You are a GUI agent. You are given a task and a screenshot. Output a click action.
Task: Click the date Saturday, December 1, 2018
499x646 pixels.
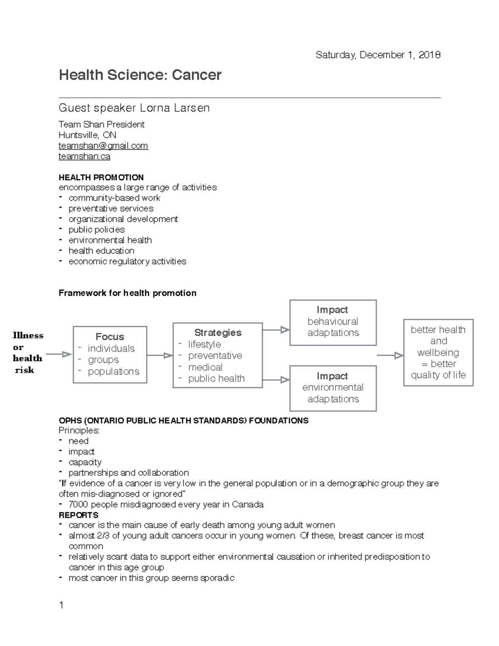click(x=378, y=55)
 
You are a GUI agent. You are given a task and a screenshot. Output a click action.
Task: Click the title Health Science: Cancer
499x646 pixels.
click(x=140, y=75)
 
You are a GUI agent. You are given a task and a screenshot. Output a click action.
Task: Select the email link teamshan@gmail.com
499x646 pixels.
click(x=103, y=146)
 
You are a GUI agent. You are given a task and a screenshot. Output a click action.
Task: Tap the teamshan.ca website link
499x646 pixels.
click(x=84, y=156)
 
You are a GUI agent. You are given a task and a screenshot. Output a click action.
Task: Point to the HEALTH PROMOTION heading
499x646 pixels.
click(x=101, y=177)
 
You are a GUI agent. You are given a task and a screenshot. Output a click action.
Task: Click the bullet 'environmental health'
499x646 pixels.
click(x=110, y=240)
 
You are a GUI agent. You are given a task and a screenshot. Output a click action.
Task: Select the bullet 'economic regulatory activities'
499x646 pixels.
click(x=127, y=261)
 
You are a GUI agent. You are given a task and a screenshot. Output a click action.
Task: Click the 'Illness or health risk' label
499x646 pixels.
click(x=27, y=352)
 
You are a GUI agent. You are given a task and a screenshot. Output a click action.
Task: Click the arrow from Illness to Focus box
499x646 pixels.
click(x=59, y=354)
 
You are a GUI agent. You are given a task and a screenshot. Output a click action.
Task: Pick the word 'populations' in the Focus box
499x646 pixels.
click(x=114, y=371)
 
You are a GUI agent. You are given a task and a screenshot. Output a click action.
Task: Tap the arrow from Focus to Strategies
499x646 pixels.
click(x=160, y=355)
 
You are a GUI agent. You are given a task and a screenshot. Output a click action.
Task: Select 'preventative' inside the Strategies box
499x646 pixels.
click(x=215, y=356)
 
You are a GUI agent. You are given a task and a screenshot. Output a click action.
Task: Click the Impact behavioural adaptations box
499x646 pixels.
click(x=333, y=322)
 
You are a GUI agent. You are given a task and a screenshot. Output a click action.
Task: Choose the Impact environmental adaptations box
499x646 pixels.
click(x=333, y=388)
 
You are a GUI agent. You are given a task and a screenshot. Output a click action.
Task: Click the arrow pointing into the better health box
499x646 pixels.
click(x=390, y=355)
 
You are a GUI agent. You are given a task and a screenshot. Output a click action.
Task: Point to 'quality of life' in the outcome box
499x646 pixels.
click(x=438, y=375)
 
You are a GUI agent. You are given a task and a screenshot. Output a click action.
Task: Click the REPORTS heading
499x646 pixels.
click(x=79, y=515)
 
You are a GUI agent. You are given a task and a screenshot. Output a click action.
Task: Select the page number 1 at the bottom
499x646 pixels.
click(x=62, y=605)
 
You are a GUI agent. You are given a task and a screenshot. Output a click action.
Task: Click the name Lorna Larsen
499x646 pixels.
click(x=175, y=108)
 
